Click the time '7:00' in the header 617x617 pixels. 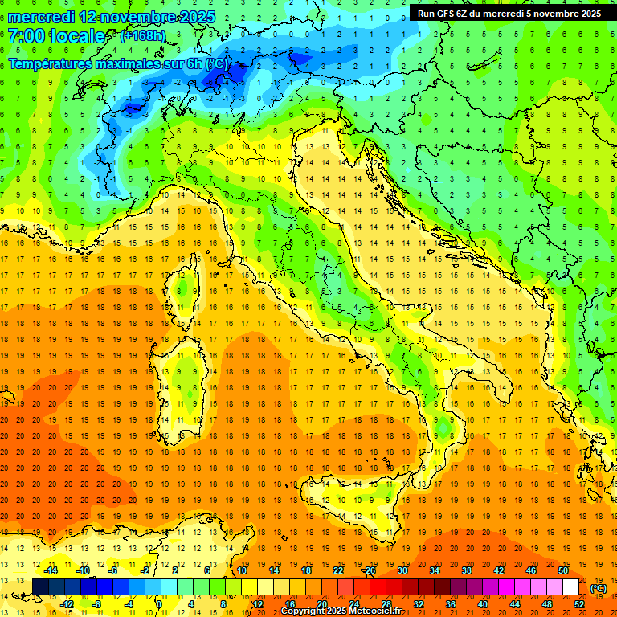(x=27, y=37)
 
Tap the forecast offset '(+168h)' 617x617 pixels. (x=144, y=36)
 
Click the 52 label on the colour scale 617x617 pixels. (x=579, y=604)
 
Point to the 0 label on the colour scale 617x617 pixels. (x=159, y=604)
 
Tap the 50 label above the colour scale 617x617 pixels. (x=563, y=570)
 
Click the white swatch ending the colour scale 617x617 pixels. (x=570, y=587)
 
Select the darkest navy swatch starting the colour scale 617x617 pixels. (x=40, y=587)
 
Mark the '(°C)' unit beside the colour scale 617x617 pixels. (x=599, y=588)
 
